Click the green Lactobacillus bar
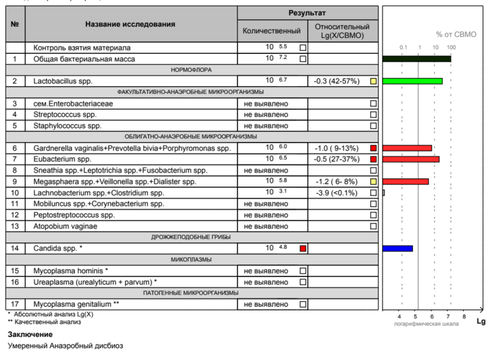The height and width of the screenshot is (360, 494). click(412, 81)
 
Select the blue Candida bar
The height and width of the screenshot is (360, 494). click(397, 248)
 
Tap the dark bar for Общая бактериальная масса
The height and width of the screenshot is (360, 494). click(416, 59)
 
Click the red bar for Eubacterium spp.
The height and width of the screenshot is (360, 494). click(411, 159)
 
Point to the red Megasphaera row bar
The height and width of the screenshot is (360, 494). click(405, 182)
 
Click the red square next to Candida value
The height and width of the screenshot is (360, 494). click(303, 248)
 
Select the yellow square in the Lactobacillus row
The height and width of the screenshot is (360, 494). click(373, 81)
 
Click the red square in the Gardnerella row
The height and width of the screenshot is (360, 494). click(373, 148)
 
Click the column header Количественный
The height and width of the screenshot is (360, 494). click(271, 31)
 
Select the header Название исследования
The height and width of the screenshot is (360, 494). click(130, 24)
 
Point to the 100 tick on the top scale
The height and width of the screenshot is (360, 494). click(451, 48)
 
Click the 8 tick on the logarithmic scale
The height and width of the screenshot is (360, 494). click(464, 316)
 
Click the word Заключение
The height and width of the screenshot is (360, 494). click(30, 334)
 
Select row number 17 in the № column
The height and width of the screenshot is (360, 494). click(15, 304)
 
